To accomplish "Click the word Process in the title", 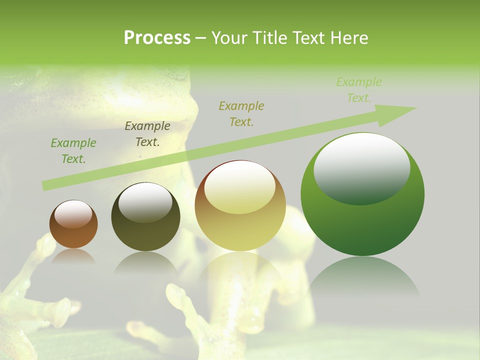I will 157,38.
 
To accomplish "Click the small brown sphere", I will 73,224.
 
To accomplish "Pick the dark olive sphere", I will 145,217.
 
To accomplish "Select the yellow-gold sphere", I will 240,205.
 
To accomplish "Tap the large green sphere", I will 362,194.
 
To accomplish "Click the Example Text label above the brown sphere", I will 73,151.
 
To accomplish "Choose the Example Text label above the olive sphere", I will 147,134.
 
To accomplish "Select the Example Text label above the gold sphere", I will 241,114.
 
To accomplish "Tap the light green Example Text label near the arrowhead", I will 358,90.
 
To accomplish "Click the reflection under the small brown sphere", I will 73,257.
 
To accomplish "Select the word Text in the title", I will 309,38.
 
